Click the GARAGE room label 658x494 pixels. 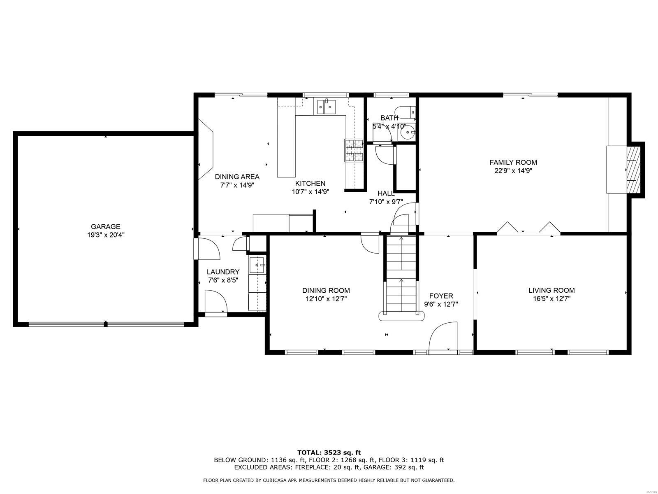pos(106,226)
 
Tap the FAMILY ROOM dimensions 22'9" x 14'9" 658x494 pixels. pos(513,171)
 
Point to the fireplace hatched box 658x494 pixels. pos(633,169)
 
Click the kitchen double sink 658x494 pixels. pos(325,107)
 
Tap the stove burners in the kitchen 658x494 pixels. pos(354,150)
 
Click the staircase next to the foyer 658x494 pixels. pos(401,274)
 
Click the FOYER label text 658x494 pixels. pos(441,296)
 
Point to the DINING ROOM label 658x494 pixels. pos(326,290)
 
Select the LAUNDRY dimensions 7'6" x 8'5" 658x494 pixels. pos(223,280)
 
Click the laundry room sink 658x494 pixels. pos(257,265)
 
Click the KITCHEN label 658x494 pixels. pos(310,183)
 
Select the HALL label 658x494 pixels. pos(386,193)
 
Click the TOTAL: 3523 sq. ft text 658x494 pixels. pos(329,452)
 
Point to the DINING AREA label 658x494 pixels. pos(237,177)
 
